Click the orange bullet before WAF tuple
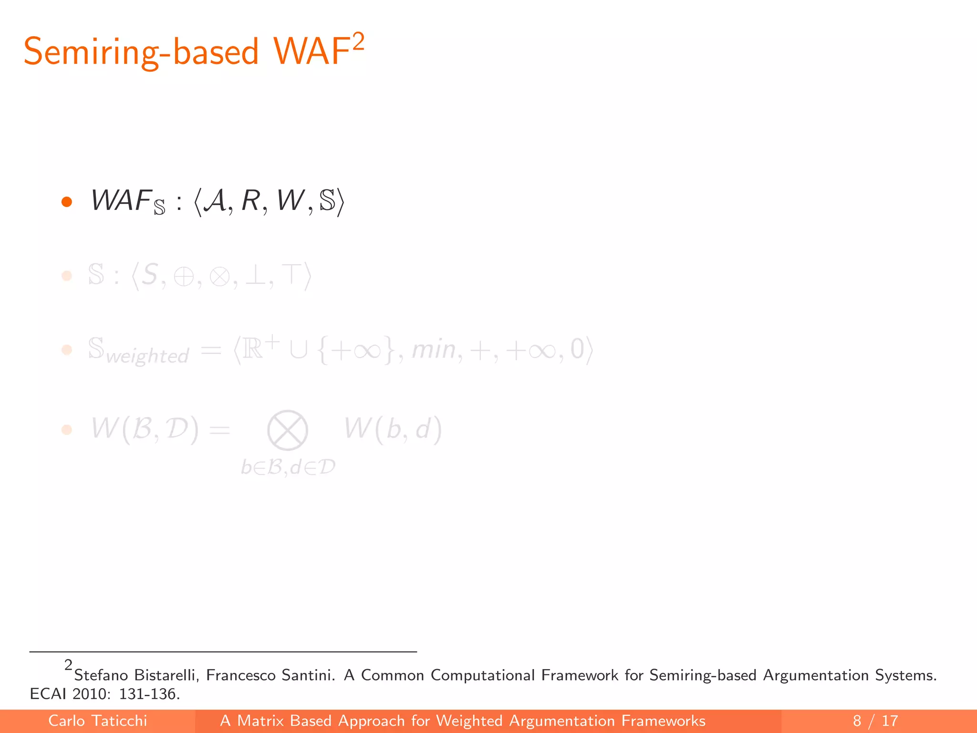[67, 202]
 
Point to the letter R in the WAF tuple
[251, 200]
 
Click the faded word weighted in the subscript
[147, 356]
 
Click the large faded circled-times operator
[287, 430]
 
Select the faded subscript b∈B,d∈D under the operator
[288, 467]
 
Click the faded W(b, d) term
[393, 429]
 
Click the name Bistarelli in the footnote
[166, 675]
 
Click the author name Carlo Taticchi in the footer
[97, 721]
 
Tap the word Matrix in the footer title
[260, 721]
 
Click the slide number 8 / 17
[875, 721]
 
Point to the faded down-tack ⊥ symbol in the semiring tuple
[256, 276]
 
